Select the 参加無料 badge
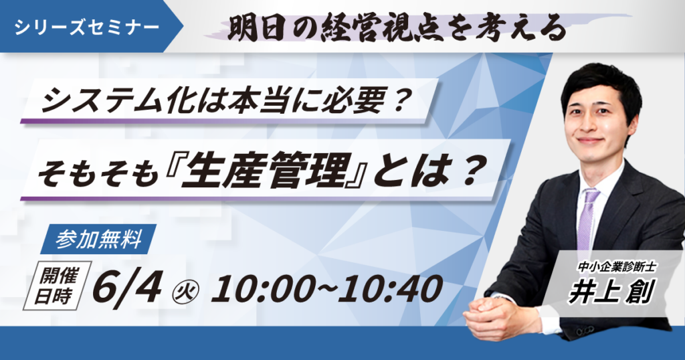[98, 240]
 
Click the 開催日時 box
[57, 286]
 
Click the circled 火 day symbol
[187, 290]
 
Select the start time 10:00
[264, 288]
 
